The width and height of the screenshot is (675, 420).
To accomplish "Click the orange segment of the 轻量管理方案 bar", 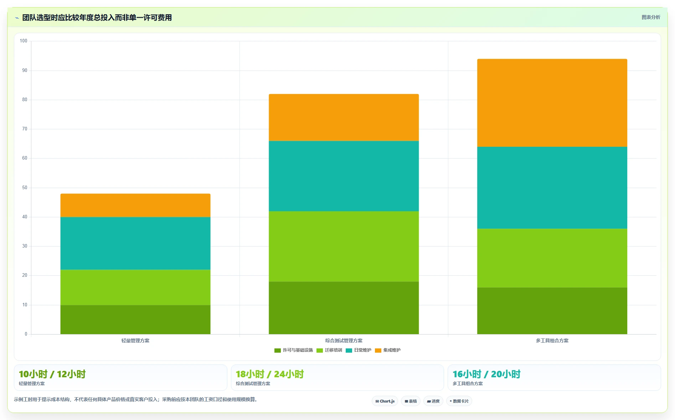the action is [x=135, y=205].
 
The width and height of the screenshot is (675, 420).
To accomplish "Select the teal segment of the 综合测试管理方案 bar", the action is [x=344, y=176].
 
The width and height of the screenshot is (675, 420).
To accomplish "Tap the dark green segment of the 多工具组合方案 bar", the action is [x=552, y=311].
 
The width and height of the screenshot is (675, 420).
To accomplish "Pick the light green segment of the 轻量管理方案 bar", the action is [x=135, y=287].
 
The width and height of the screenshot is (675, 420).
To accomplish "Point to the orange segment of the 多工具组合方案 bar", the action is [x=552, y=103].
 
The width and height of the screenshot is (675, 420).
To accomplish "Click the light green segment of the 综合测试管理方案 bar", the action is [x=344, y=247].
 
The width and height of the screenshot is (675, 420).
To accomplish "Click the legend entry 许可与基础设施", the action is [x=294, y=350].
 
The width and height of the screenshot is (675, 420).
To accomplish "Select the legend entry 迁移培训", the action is [x=329, y=350].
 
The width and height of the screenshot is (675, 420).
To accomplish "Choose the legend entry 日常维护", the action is [x=359, y=350].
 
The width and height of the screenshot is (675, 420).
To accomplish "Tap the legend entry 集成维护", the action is [x=388, y=350].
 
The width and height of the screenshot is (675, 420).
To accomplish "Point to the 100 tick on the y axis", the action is [x=24, y=41].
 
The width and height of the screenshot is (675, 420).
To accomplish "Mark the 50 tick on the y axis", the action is [x=25, y=188].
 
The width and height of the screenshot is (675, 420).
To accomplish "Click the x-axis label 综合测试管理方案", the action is [x=344, y=341].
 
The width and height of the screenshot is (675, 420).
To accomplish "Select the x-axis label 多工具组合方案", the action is [x=552, y=341].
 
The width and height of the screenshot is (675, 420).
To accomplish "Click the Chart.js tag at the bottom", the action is [x=385, y=401].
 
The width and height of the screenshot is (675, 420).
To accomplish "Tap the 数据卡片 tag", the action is [x=459, y=401].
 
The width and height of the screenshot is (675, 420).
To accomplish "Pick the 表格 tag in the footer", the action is [x=411, y=401].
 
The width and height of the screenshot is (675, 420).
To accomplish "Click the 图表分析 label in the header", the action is [x=651, y=17].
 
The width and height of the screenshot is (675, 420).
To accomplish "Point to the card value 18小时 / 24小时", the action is [x=270, y=374].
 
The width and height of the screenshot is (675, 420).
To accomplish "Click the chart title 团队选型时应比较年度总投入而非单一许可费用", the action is [x=97, y=17].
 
